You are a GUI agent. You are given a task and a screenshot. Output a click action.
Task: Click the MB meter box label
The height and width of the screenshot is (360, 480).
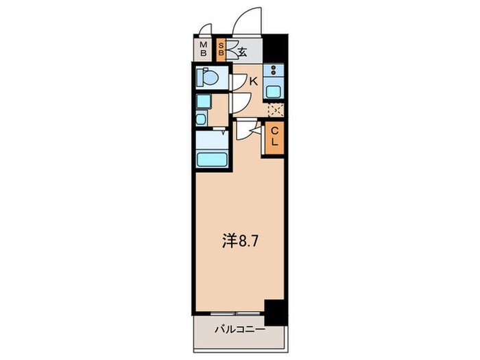(204, 49)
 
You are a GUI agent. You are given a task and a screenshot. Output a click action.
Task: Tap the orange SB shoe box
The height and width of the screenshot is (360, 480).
(221, 49)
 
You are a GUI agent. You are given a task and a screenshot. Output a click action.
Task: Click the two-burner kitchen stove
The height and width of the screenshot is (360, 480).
(274, 71)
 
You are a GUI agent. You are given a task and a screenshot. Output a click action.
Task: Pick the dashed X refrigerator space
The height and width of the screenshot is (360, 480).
(276, 110)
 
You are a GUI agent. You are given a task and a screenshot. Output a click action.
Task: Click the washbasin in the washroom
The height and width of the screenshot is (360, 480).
(200, 119)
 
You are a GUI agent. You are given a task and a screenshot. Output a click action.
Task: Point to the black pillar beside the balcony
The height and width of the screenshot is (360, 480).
(275, 313)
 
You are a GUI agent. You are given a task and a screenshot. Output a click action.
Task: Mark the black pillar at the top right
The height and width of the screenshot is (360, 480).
(275, 48)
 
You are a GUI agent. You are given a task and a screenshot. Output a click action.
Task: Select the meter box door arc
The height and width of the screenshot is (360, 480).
(203, 31)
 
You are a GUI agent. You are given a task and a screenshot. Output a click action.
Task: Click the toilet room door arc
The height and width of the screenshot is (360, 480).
(237, 82)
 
